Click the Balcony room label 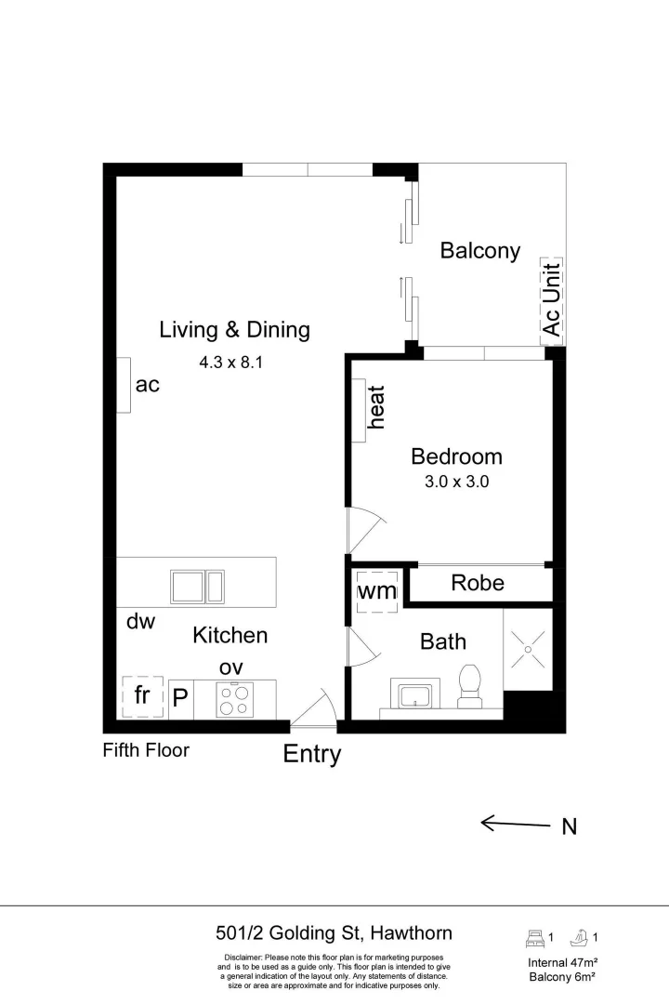point(479,250)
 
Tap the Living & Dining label point(234,329)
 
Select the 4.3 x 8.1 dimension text point(231,363)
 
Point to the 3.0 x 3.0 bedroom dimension point(456,482)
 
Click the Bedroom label point(456,456)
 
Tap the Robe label point(478,583)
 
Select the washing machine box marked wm point(377,590)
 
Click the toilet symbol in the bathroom point(470,682)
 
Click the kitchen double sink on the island point(197,587)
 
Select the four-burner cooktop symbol point(234,699)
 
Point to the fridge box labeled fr point(143,696)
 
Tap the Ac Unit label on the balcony point(552,298)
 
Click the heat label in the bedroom point(376,407)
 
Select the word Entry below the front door point(311,754)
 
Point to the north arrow point(517,823)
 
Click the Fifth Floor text point(146,749)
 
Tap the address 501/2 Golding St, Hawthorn point(334,933)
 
